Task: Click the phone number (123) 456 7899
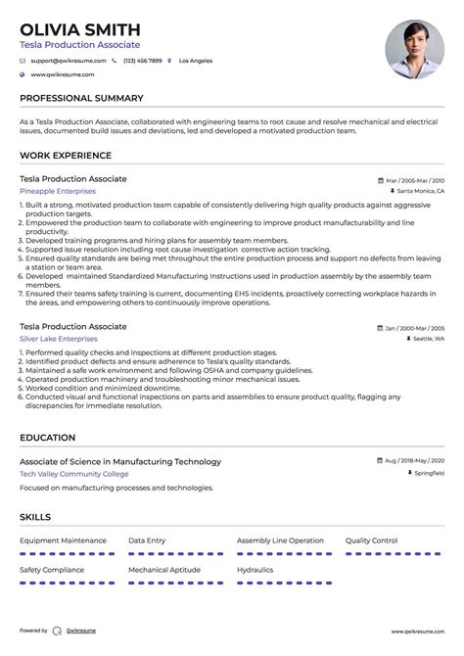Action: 142,61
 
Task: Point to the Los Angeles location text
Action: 196,61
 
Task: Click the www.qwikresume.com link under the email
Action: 62,74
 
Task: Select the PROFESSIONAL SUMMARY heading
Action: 81,98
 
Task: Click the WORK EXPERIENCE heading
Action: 66,156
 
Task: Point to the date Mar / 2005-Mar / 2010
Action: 415,181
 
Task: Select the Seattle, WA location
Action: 428,338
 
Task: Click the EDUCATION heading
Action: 47,438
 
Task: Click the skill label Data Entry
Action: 147,539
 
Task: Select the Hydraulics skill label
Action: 255,568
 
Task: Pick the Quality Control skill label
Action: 371,539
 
